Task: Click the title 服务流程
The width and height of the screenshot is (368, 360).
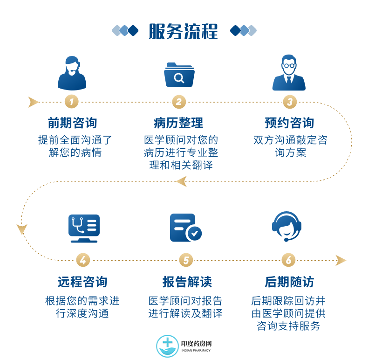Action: pyautogui.click(x=183, y=31)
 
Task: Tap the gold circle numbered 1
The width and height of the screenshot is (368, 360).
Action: pyautogui.click(x=72, y=102)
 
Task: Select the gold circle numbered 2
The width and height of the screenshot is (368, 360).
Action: pyautogui.click(x=179, y=102)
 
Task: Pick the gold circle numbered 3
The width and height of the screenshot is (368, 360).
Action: pyautogui.click(x=290, y=102)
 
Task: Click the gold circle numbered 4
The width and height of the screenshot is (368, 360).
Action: pyautogui.click(x=83, y=260)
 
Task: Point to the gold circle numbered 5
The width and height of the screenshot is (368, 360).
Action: pyautogui.click(x=186, y=260)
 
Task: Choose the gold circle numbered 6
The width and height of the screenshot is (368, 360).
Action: pyautogui.click(x=288, y=260)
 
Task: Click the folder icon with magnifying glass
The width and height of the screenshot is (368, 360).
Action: pyautogui.click(x=179, y=75)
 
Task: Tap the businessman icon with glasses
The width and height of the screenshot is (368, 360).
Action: pyautogui.click(x=289, y=73)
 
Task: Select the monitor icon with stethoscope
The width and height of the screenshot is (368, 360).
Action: pyautogui.click(x=84, y=228)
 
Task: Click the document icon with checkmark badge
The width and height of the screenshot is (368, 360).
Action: pyautogui.click(x=186, y=228)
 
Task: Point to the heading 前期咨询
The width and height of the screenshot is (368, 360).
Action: pyautogui.click(x=72, y=123)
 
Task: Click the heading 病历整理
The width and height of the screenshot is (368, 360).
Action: pyautogui.click(x=178, y=123)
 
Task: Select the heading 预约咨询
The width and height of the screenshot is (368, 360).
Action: pyautogui.click(x=289, y=123)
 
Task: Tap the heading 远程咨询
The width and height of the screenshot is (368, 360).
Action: pyautogui.click(x=82, y=282)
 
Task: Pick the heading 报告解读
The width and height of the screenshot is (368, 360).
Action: pyautogui.click(x=187, y=282)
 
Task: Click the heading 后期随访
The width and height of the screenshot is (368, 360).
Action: pyautogui.click(x=289, y=282)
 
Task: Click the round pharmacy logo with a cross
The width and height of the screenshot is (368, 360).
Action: pyautogui.click(x=167, y=346)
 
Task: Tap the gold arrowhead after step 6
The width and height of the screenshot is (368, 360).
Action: pyautogui.click(x=341, y=260)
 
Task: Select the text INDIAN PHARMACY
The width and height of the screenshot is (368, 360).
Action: pyautogui.click(x=196, y=350)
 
